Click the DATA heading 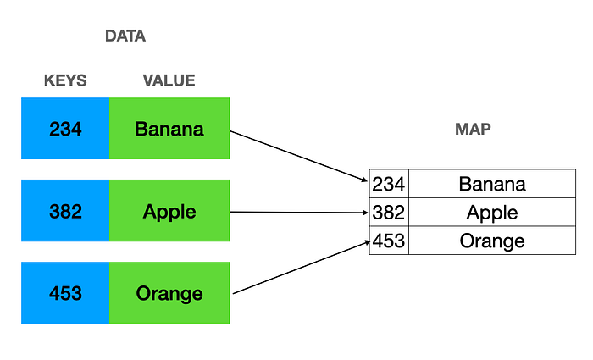click(x=125, y=36)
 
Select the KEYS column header click(x=65, y=81)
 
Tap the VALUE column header click(x=169, y=81)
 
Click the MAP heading click(x=473, y=130)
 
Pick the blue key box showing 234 click(x=65, y=129)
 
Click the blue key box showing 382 click(x=65, y=211)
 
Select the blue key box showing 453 click(x=65, y=293)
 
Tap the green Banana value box click(x=169, y=129)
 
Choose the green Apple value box click(x=169, y=211)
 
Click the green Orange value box click(x=169, y=293)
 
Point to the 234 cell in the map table click(x=389, y=184)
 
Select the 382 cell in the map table click(x=389, y=212)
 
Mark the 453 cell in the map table click(x=389, y=241)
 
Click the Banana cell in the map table click(x=491, y=184)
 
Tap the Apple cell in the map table click(x=491, y=212)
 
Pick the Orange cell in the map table click(x=491, y=241)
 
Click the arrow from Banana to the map click(x=299, y=155)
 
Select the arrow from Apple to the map click(x=299, y=212)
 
